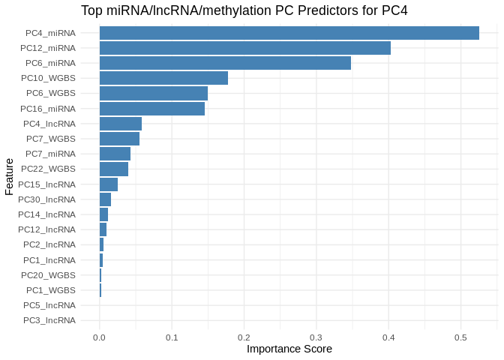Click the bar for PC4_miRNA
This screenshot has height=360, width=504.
(x=289, y=33)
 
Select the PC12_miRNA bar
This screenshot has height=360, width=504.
(x=244, y=48)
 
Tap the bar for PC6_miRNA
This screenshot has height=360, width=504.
(x=225, y=63)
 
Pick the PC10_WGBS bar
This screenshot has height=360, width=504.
(x=163, y=78)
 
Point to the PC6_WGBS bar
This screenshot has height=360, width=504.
(x=153, y=93)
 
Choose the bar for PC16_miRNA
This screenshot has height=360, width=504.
(x=151, y=109)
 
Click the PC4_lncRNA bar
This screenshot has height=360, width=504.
(x=120, y=124)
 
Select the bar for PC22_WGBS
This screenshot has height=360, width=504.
(x=113, y=169)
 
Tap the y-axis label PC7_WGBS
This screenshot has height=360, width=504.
(x=50, y=139)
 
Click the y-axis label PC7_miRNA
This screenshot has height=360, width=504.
(x=50, y=154)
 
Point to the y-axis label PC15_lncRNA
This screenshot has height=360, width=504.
(x=46, y=184)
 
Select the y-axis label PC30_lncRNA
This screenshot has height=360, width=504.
(x=46, y=199)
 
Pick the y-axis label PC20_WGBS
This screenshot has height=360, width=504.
(x=48, y=274)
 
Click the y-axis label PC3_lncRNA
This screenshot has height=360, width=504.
(x=49, y=320)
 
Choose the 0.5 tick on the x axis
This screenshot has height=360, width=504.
(x=460, y=338)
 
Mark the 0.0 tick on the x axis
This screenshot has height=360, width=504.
(x=99, y=338)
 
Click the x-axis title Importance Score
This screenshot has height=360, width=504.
(x=289, y=349)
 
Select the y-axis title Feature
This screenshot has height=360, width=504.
(x=9, y=176)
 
